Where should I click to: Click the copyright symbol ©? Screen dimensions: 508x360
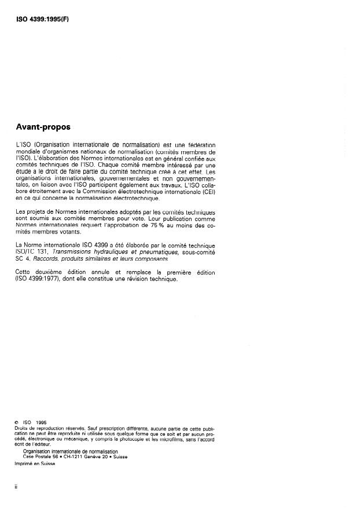point(17,423)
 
